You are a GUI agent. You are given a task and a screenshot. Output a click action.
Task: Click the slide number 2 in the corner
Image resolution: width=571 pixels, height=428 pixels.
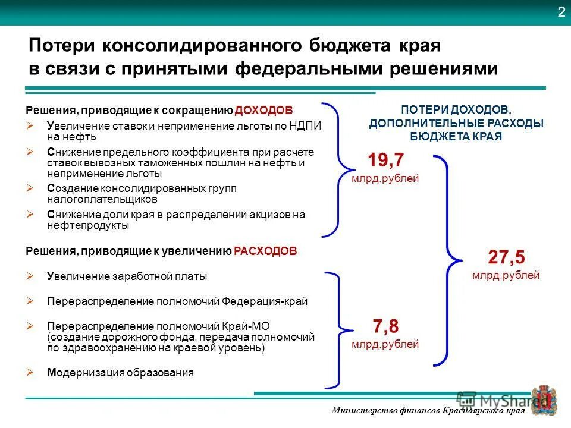tap(561, 13)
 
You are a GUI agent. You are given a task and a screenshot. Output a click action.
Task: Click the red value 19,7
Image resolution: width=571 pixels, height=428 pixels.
tap(385, 160)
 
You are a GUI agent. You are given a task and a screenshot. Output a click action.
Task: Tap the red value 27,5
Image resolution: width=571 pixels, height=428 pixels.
tap(506, 257)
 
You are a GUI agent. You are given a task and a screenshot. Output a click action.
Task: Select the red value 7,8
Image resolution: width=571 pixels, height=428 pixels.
tap(385, 326)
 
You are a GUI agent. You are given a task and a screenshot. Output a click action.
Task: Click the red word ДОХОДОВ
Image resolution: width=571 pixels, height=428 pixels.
tap(263, 110)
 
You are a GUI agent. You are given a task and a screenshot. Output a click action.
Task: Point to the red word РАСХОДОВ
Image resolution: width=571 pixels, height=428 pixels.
tap(265, 251)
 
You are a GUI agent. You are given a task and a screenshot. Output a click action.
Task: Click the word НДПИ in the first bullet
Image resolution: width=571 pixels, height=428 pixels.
tap(306, 126)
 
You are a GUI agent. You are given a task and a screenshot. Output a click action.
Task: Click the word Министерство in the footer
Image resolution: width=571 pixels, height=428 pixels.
tap(362, 411)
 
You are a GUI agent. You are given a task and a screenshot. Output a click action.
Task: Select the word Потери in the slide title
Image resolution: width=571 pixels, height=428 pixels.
tap(62, 46)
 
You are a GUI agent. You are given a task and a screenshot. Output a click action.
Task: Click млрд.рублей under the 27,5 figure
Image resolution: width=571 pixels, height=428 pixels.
tap(506, 275)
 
